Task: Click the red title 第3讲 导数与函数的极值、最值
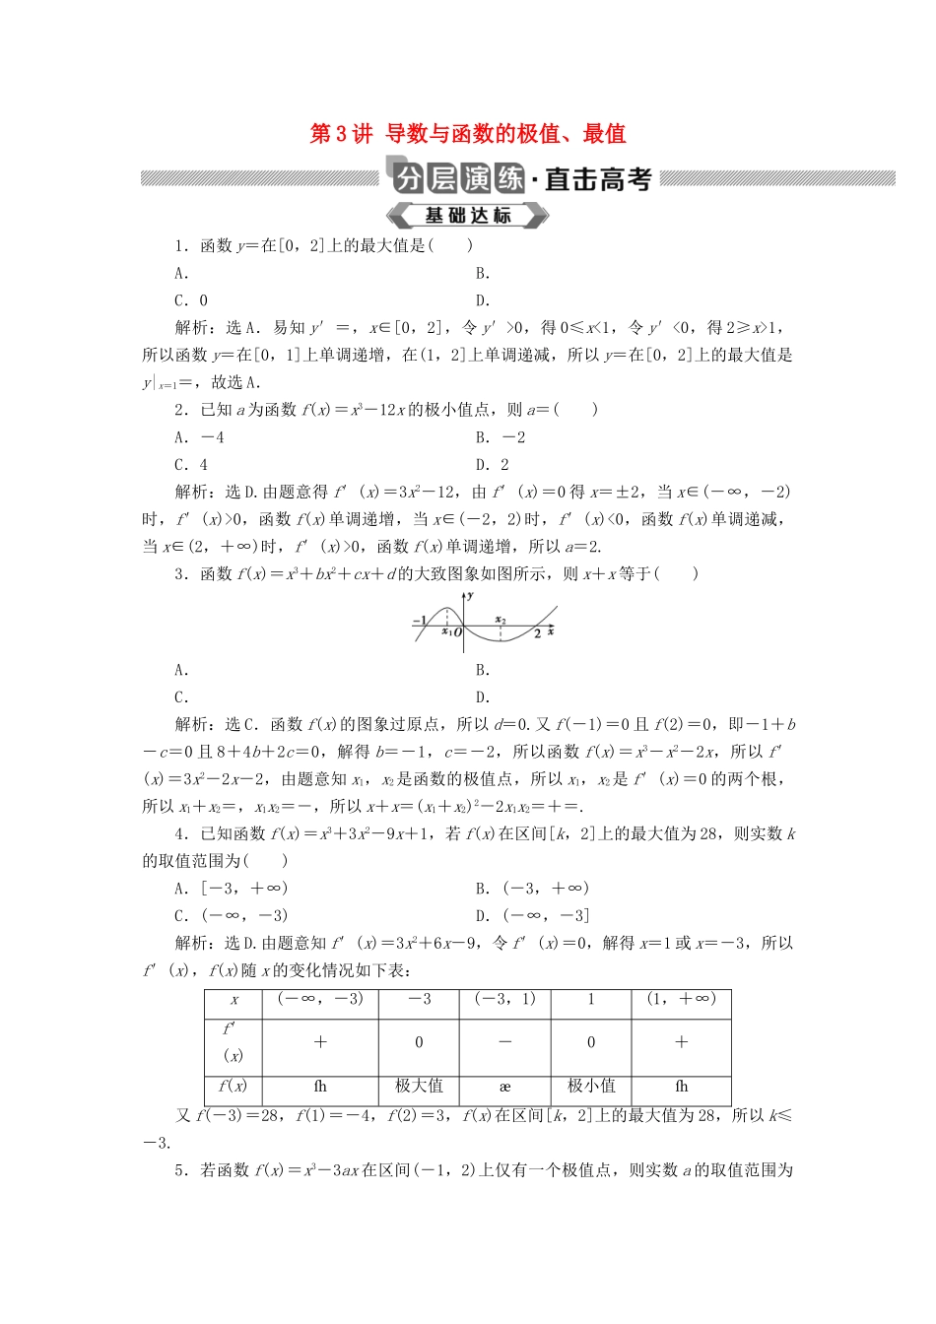[468, 134]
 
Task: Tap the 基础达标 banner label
[468, 216]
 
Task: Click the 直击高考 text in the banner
[598, 179]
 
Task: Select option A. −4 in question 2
[200, 437]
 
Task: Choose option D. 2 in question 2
[493, 465]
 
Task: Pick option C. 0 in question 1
[191, 301]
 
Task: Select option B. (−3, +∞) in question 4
[532, 888]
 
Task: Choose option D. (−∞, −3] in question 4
[532, 915]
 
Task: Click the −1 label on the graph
[419, 621]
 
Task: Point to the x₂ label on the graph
[501, 620]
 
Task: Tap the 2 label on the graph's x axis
[537, 633]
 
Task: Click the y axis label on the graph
[471, 595]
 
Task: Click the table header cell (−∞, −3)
[320, 999]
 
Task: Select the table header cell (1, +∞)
[681, 999]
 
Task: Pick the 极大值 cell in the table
[419, 1086]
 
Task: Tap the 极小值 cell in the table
[591, 1086]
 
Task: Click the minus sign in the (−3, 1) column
[504, 1042]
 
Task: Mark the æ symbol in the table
[504, 1087]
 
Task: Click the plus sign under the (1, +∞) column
[681, 1042]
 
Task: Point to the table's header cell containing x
[234, 1000]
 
